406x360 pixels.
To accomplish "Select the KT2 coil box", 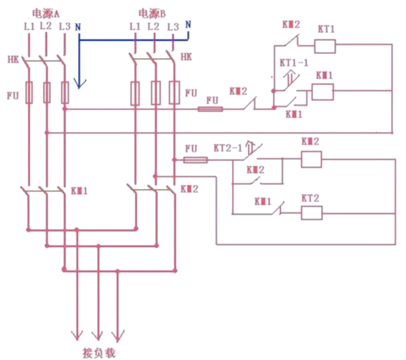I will pos(311,213).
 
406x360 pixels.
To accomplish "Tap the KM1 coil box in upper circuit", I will pos(323,92).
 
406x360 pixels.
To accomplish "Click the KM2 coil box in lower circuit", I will pos(311,159).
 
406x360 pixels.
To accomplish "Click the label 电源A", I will pos(45,14).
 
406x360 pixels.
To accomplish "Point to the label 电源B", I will pos(152,14).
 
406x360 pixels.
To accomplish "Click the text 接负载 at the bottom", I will pos(98,353).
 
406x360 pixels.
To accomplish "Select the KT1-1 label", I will pos(294,62).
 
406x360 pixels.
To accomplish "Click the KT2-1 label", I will pos(228,148).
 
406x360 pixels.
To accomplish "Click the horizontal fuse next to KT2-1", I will pos(195,160).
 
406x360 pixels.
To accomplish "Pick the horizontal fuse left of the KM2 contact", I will pos(210,109).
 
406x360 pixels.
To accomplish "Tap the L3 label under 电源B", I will pos(173,27).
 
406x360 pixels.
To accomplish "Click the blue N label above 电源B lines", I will pos(188,25).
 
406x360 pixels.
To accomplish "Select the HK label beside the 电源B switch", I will pos(186,57).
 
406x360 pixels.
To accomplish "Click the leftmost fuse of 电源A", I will pos(29,92).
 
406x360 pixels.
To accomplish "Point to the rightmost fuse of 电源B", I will pos(174,93).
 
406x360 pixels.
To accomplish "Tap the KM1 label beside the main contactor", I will pos(79,190).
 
